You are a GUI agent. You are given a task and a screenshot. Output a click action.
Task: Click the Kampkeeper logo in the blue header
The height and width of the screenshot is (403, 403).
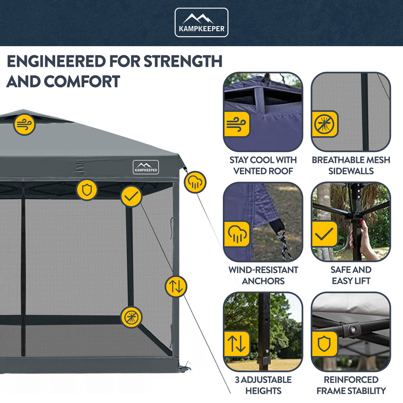pos(201,22)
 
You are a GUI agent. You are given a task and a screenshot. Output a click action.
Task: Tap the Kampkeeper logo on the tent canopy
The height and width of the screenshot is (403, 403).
pos(146,167)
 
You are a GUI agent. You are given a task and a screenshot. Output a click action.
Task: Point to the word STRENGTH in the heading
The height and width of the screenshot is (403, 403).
pos(183,61)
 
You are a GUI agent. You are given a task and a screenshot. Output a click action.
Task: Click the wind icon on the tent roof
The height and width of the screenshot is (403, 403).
pos(25,124)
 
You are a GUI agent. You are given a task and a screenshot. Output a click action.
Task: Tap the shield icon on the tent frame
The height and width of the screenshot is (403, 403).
pos(87,190)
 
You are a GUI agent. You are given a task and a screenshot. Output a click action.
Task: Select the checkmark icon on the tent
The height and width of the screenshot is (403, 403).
pos(131,196)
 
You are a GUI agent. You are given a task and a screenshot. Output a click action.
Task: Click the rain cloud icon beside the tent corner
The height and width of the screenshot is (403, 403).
pos(195,182)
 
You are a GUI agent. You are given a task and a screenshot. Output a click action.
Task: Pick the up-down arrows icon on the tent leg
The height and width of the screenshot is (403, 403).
pos(176,286)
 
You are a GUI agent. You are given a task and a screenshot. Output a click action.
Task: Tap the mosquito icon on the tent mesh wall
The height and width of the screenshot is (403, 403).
pos(131,317)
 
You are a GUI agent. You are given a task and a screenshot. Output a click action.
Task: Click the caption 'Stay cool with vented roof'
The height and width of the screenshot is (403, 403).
pos(263,165)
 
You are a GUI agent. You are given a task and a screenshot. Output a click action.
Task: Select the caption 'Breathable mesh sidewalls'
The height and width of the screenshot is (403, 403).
pos(351,165)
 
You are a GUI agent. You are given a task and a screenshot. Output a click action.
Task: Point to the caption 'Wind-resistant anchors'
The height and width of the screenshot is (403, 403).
pos(263,275)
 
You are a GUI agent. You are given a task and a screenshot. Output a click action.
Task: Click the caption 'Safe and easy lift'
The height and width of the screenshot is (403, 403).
pos(351,275)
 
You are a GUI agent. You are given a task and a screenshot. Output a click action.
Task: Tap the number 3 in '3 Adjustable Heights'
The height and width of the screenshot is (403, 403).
pos(237,380)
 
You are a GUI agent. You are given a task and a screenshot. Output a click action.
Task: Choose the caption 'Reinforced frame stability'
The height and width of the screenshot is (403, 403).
pos(351,385)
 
